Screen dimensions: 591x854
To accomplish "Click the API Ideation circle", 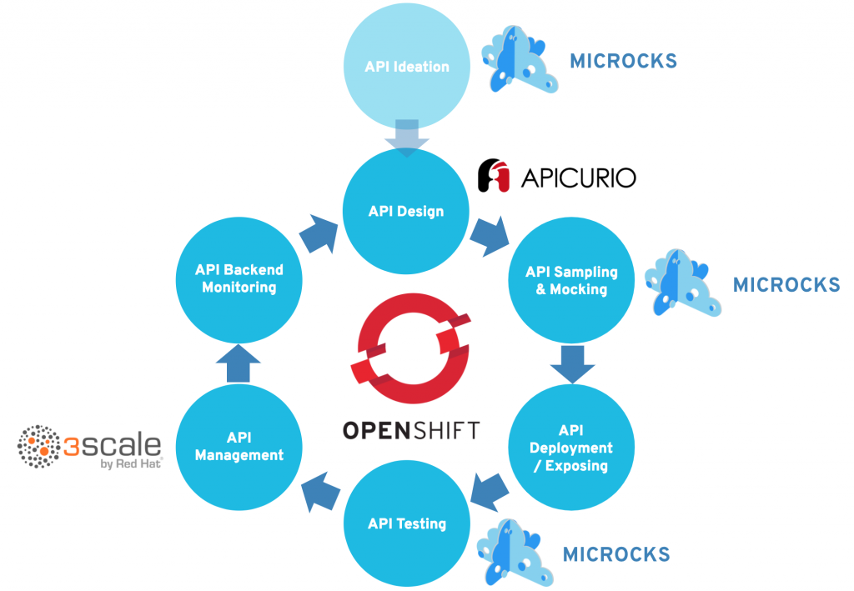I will tap(407, 67).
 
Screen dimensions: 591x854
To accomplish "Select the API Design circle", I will tap(406, 211).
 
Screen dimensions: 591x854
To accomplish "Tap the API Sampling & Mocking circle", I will tap(571, 281).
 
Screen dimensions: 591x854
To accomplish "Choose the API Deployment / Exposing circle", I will tap(571, 448).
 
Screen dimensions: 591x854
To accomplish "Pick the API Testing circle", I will tap(407, 523).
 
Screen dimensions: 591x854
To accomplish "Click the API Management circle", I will tap(239, 446).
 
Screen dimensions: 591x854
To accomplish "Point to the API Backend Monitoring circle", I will tap(239, 278).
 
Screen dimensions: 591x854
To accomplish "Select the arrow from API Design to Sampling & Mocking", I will tap(489, 236).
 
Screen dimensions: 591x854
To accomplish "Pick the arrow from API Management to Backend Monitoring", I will tap(239, 363).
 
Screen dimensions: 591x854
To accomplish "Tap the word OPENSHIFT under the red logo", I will tap(411, 430).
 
